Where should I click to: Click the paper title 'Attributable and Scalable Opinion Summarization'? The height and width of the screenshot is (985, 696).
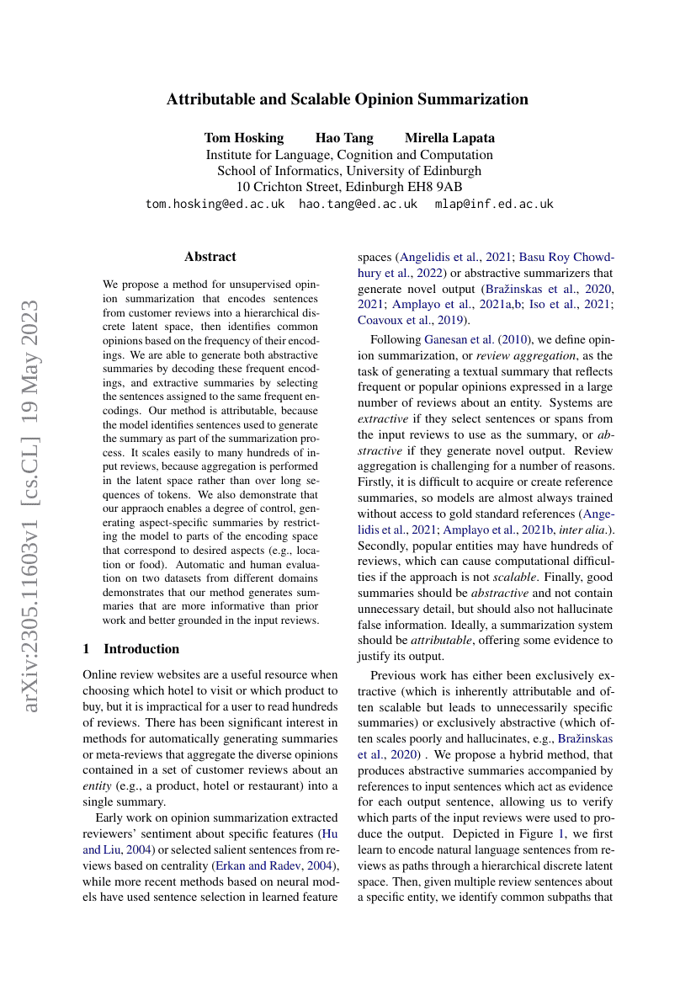(348, 99)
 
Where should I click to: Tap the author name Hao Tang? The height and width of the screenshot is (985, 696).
(344, 138)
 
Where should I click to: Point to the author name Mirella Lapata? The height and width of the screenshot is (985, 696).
(449, 138)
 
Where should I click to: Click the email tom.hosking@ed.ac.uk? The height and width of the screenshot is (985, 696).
(215, 204)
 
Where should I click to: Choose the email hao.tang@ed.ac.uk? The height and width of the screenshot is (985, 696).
(359, 204)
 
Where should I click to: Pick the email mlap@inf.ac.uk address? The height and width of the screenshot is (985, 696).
(494, 204)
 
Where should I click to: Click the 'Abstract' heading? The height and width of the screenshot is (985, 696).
(210, 257)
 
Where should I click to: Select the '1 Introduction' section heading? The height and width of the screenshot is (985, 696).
(130, 649)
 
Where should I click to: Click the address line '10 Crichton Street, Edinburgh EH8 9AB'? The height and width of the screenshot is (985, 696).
(348, 187)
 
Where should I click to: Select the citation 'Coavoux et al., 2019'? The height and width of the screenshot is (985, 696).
(413, 320)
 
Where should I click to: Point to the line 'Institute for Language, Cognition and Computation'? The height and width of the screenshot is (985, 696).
(348, 155)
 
